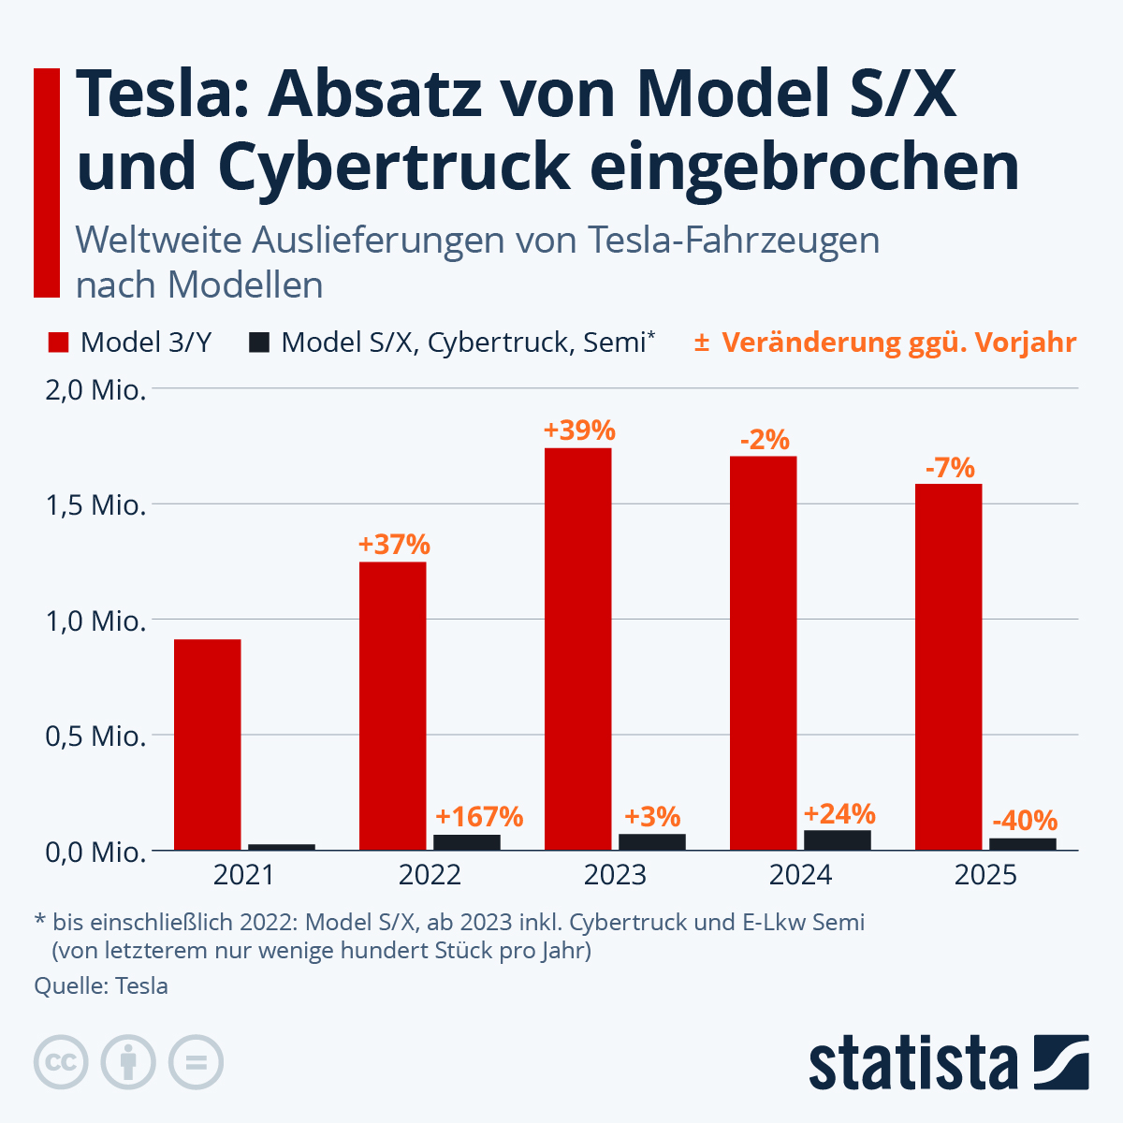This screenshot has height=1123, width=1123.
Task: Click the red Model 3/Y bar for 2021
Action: [208, 744]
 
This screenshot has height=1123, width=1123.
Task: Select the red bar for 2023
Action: [577, 649]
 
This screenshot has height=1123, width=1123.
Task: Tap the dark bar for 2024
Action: [838, 839]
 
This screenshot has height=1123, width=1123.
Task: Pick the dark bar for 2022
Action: [467, 842]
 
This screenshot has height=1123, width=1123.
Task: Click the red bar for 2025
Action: [948, 666]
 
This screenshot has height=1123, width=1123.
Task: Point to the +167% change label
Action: [479, 817]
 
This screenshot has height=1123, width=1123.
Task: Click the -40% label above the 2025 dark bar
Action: [1024, 821]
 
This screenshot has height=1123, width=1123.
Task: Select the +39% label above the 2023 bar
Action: [579, 430]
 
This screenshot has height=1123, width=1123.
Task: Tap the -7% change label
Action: [949, 467]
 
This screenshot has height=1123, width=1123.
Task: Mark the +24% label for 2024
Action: [839, 812]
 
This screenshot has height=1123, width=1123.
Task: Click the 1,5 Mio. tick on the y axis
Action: [95, 505]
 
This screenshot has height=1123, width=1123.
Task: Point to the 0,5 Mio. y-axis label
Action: [95, 736]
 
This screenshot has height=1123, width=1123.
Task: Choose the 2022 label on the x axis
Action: [430, 875]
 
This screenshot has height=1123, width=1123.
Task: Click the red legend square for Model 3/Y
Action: [58, 343]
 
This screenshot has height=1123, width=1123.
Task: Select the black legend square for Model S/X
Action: [259, 343]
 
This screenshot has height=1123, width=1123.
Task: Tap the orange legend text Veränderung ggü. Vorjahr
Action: [898, 343]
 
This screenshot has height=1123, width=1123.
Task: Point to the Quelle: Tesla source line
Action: [101, 985]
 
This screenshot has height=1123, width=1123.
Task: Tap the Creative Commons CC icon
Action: [61, 1063]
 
